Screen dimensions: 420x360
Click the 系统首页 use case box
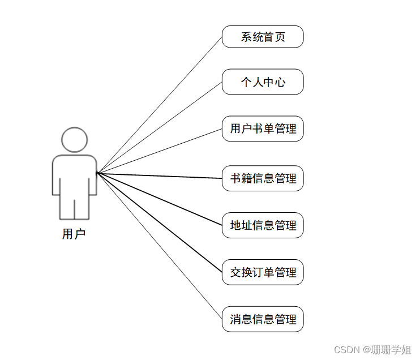263,37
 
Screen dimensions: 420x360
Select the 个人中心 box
263,82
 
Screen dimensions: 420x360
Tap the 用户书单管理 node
263,129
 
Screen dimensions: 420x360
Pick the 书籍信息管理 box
263,179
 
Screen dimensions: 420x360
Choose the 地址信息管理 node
263,225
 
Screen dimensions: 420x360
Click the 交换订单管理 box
263,272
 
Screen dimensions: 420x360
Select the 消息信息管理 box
263,319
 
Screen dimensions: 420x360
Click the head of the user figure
74,140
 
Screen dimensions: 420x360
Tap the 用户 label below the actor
74,234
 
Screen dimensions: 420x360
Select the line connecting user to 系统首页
160,105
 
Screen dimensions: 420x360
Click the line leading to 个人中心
160,127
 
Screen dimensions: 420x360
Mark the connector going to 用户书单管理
160,151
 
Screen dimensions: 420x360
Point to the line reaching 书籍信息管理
160,175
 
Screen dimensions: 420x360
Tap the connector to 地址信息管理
160,199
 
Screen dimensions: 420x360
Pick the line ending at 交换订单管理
160,222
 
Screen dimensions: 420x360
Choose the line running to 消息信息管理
160,246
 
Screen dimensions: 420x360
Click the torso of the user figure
74,174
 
